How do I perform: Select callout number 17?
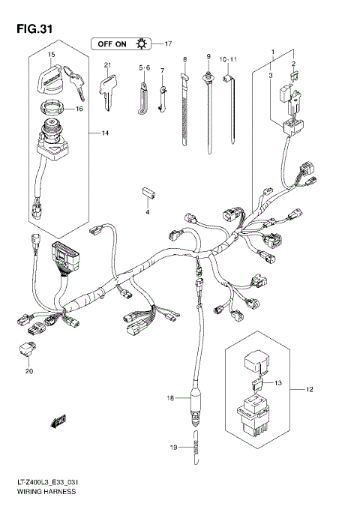tap(168, 43)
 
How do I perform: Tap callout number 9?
tap(209, 58)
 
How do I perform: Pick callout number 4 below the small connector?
tap(148, 212)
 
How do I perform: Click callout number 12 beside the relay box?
tap(309, 390)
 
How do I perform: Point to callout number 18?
tap(169, 397)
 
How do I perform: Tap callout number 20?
tap(30, 370)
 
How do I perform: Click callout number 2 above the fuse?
tap(293, 64)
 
